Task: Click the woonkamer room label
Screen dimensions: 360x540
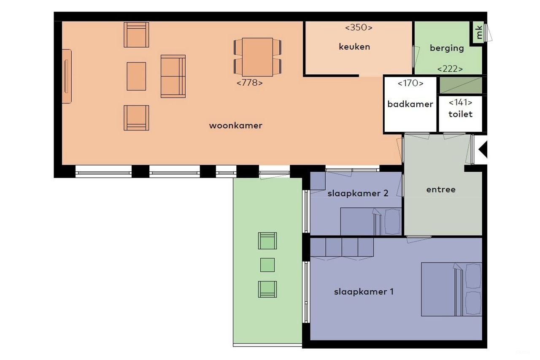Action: click(235, 125)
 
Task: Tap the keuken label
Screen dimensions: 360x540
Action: click(354, 47)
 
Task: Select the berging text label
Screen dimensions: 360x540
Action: click(447, 48)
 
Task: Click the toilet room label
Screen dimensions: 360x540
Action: click(460, 114)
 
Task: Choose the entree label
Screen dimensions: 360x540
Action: click(441, 189)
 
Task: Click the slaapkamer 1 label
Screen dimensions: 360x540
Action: click(364, 292)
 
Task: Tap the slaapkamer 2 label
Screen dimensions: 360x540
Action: click(358, 193)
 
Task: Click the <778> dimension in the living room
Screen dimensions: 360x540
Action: click(250, 83)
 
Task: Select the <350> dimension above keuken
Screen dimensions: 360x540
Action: click(359, 28)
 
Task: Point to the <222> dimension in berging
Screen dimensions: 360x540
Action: click(450, 69)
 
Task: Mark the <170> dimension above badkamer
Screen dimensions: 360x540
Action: click(410, 84)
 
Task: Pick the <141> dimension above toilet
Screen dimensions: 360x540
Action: click(460, 103)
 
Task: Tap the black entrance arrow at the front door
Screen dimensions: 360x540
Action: click(483, 150)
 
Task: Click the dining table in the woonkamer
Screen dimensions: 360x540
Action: click(257, 57)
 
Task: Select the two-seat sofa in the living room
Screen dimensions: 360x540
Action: click(173, 76)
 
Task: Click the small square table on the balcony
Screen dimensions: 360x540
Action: click(267, 265)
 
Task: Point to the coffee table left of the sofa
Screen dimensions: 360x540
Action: click(136, 76)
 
